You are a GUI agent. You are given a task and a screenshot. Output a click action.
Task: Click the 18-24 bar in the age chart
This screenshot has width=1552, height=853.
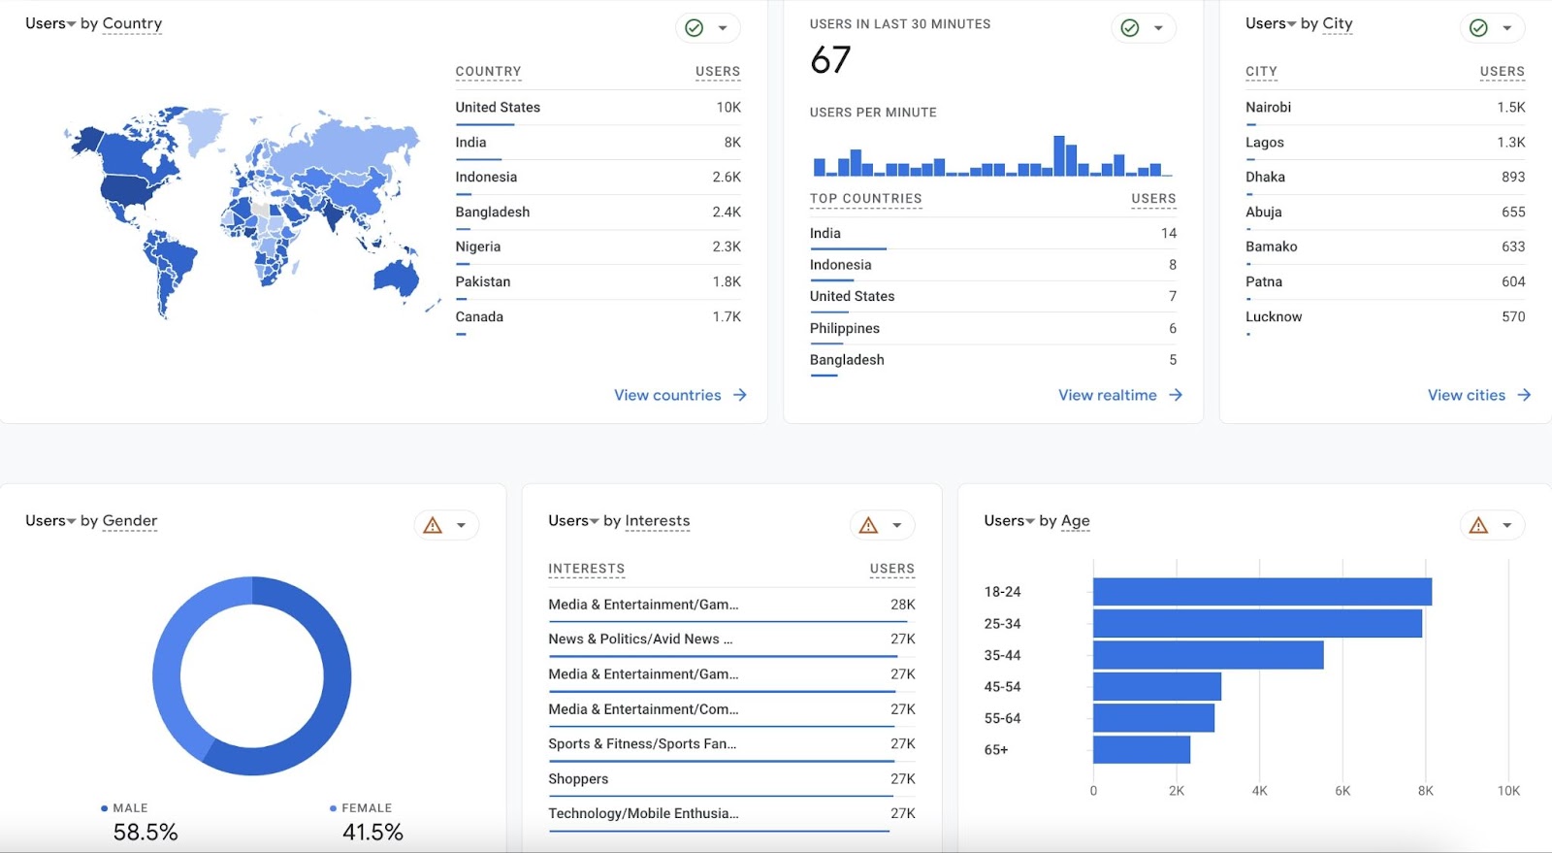[x=1261, y=592]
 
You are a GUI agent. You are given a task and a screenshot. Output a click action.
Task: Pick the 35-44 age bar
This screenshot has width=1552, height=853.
[x=1208, y=655]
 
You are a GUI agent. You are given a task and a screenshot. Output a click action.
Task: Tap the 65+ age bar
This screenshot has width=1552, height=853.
[x=1141, y=749]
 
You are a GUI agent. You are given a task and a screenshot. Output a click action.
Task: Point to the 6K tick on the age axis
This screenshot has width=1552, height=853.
[x=1342, y=791]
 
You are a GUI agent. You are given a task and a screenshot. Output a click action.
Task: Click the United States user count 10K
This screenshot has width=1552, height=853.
[x=728, y=107]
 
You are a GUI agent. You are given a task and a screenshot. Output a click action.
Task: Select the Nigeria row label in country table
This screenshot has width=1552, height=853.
[x=478, y=246]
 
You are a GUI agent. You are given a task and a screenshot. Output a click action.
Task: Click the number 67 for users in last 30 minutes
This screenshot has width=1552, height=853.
[x=830, y=60]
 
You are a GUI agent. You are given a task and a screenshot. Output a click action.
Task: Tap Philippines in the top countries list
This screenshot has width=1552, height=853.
[x=845, y=328]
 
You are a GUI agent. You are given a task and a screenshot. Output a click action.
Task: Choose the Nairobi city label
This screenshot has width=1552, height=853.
[x=1268, y=107]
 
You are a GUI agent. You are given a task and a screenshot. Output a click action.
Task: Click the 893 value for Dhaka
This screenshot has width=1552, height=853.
[x=1512, y=177]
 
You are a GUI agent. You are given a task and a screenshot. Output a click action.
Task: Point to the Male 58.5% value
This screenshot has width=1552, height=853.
[x=145, y=832]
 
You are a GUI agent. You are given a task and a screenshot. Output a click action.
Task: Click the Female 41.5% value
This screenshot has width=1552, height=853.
[x=372, y=832]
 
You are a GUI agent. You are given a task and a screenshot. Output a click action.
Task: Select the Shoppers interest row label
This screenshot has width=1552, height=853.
[x=578, y=778]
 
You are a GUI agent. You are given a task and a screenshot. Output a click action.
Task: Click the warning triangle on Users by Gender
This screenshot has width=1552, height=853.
[x=433, y=525]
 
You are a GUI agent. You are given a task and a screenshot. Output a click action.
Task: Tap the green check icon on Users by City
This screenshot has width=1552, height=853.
[x=1478, y=28]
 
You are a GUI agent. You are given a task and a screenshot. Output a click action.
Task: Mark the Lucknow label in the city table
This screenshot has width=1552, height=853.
[x=1274, y=316]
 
